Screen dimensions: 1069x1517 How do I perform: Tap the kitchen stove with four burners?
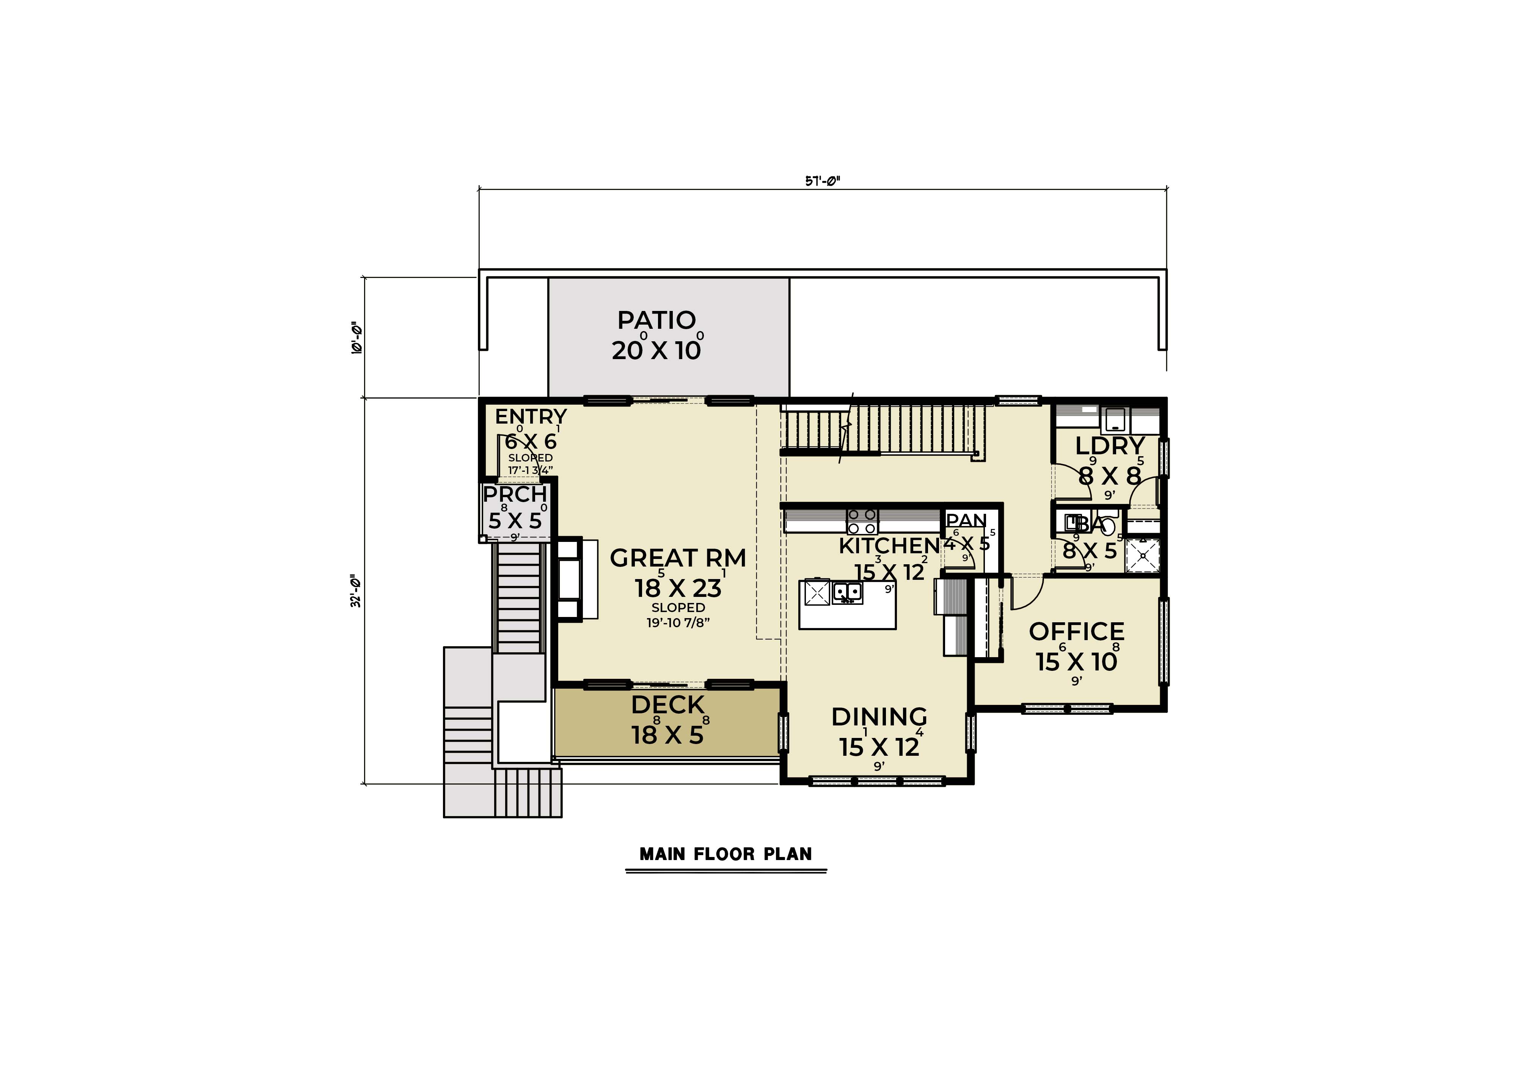(x=862, y=521)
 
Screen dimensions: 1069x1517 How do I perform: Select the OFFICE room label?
(x=1076, y=632)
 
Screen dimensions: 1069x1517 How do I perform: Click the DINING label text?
(x=879, y=717)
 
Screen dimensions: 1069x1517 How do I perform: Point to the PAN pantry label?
(x=966, y=521)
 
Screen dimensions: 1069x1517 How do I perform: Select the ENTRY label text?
(x=531, y=417)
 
